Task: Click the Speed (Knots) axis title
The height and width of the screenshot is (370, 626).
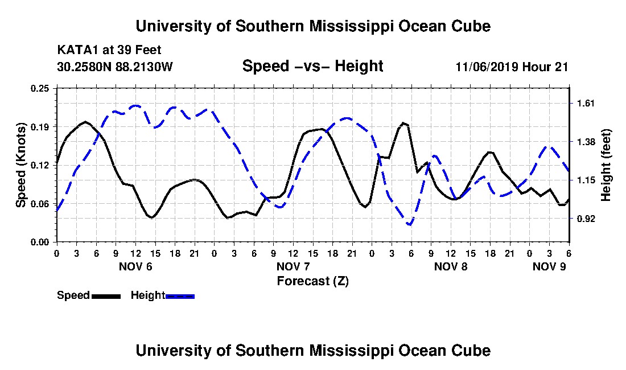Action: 21,165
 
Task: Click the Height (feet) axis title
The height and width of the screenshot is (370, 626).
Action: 606,165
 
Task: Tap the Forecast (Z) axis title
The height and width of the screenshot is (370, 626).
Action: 312,281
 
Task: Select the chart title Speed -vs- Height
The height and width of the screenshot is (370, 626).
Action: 312,66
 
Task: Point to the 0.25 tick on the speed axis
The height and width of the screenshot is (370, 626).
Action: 40,88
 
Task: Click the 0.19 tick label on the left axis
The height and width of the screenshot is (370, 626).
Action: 40,127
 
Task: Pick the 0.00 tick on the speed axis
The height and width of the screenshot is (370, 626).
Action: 40,242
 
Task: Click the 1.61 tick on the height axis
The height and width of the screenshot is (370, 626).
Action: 586,104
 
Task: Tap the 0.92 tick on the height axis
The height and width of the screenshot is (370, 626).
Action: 586,219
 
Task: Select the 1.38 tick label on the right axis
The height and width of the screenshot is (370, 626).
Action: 586,142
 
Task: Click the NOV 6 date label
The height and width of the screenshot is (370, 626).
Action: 136,266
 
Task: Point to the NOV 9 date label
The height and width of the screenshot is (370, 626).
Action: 549,266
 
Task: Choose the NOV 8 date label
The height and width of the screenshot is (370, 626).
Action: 451,266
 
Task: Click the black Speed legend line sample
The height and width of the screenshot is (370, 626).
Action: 106,296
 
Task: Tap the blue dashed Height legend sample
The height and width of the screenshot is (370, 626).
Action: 180,296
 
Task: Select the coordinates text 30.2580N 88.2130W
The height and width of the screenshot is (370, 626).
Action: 115,67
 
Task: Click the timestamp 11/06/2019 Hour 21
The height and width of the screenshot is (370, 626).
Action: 512,67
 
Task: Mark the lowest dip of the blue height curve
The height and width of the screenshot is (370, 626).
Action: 409,224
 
